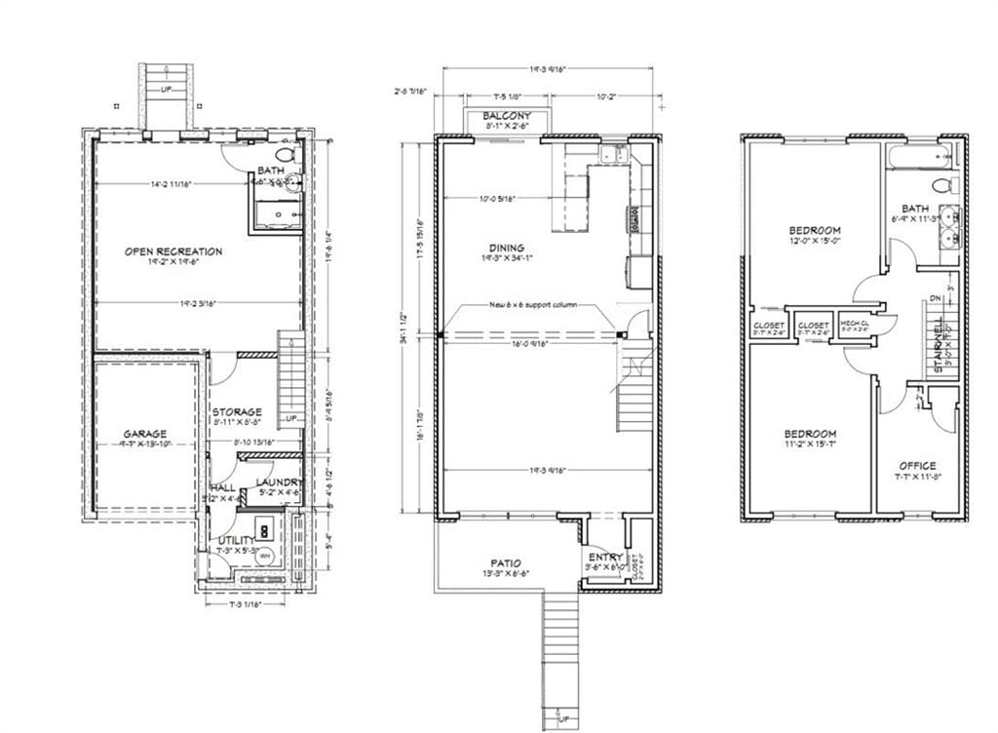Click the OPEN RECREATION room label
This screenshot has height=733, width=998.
(x=173, y=251)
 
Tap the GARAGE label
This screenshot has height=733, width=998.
(x=144, y=434)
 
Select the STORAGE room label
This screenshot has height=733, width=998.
(x=236, y=412)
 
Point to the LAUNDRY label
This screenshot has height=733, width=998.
(x=277, y=482)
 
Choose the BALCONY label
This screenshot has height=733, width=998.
(x=507, y=116)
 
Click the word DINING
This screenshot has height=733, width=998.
(x=507, y=248)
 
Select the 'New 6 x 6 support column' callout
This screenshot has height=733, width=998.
(x=532, y=305)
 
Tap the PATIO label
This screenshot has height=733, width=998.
(x=505, y=563)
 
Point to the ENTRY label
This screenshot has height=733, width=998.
(x=604, y=558)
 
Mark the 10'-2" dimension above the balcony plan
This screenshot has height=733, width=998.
(x=605, y=96)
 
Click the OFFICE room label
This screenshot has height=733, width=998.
(x=917, y=466)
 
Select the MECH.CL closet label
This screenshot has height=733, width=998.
(x=855, y=325)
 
